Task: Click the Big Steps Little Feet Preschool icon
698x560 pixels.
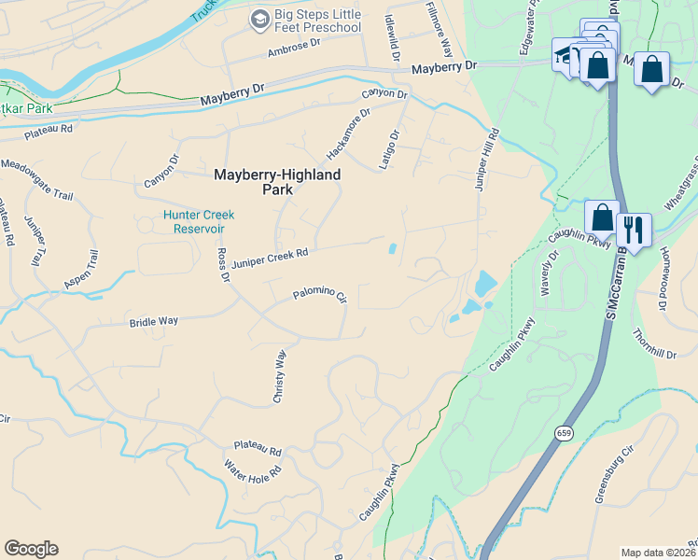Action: [x=259, y=19]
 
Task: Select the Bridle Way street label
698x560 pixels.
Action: [x=153, y=322]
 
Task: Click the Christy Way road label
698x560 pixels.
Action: [x=278, y=376]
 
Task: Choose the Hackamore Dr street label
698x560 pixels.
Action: [x=348, y=132]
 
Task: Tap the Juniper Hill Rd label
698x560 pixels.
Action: [x=487, y=160]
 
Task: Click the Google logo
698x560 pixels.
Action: [x=31, y=549]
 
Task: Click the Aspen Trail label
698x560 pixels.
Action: [x=79, y=269]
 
